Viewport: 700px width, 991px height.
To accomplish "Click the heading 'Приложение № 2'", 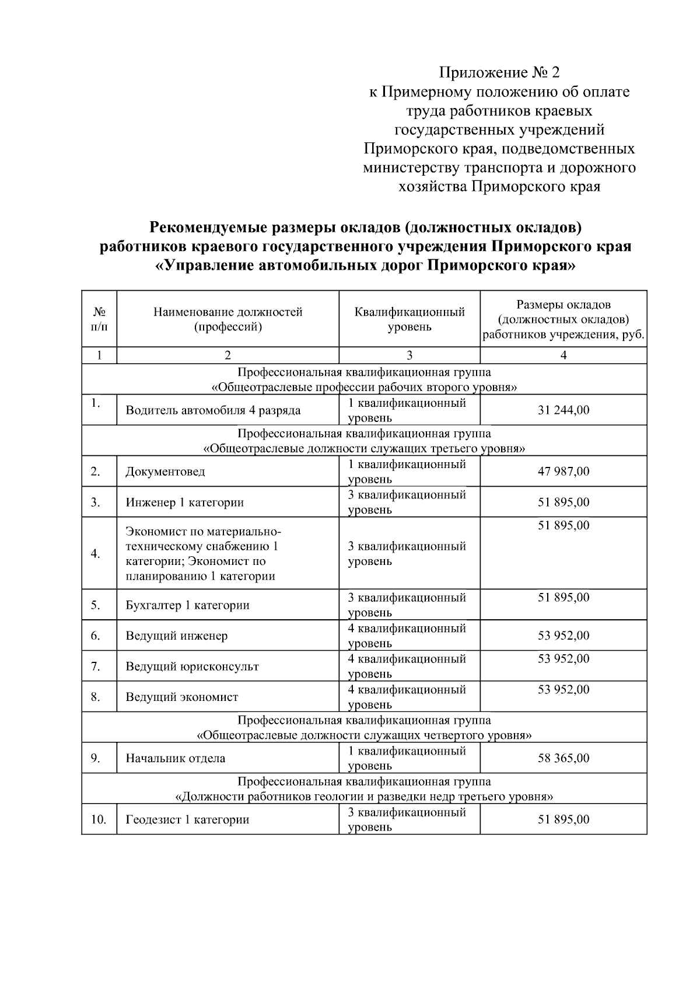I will [x=499, y=73].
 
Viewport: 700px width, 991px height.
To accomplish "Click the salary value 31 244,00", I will [x=563, y=410].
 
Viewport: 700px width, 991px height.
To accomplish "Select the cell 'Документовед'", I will [x=166, y=472].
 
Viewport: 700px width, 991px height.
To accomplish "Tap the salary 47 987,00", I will [x=563, y=472].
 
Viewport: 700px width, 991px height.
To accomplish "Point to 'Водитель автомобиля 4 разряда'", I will [x=213, y=410].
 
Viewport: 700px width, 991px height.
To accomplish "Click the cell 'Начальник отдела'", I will [x=176, y=759].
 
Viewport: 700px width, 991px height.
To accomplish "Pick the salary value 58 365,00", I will [x=563, y=759].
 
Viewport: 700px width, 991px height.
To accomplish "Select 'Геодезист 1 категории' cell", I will [x=187, y=820].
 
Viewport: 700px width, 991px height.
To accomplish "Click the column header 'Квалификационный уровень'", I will [x=409, y=319].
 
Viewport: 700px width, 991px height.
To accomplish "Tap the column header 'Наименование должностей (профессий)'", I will [x=228, y=319].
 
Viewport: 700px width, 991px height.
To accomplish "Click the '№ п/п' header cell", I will [x=99, y=319].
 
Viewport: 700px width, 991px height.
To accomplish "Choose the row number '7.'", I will [x=96, y=667].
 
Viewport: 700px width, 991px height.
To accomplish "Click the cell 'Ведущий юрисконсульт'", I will [x=192, y=667].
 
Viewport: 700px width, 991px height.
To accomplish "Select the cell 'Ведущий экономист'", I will [x=182, y=697].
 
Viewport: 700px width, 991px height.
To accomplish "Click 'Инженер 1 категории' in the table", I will [x=184, y=503].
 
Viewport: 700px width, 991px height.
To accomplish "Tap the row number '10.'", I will [x=98, y=820].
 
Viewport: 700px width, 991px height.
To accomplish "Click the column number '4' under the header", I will [x=563, y=355].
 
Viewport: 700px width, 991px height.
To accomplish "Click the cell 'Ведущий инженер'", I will [x=176, y=636].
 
